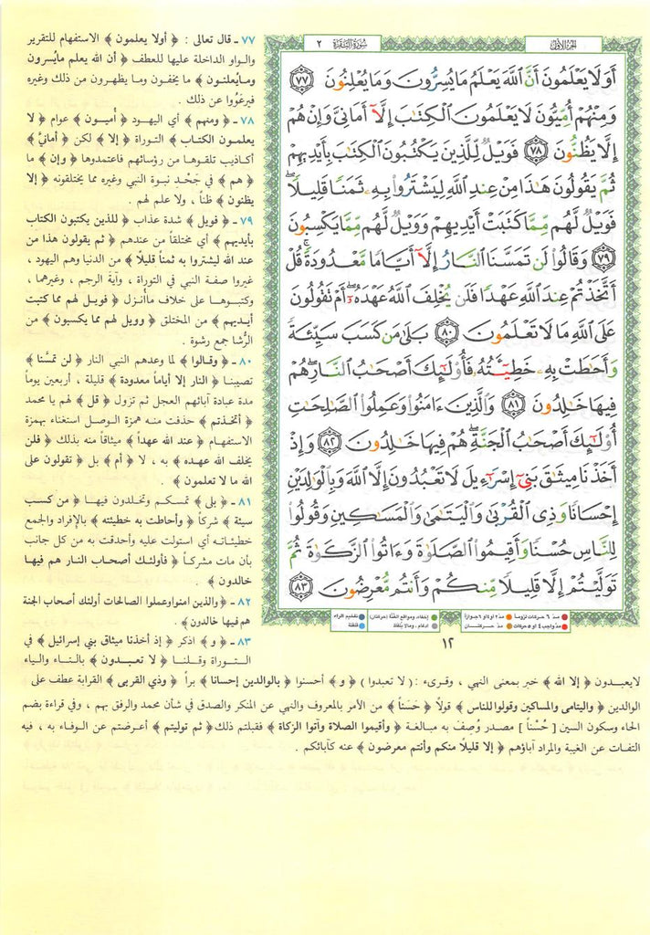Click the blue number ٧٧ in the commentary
click(245, 40)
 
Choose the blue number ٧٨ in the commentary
click(245, 119)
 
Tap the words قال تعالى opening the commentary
click(205, 40)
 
